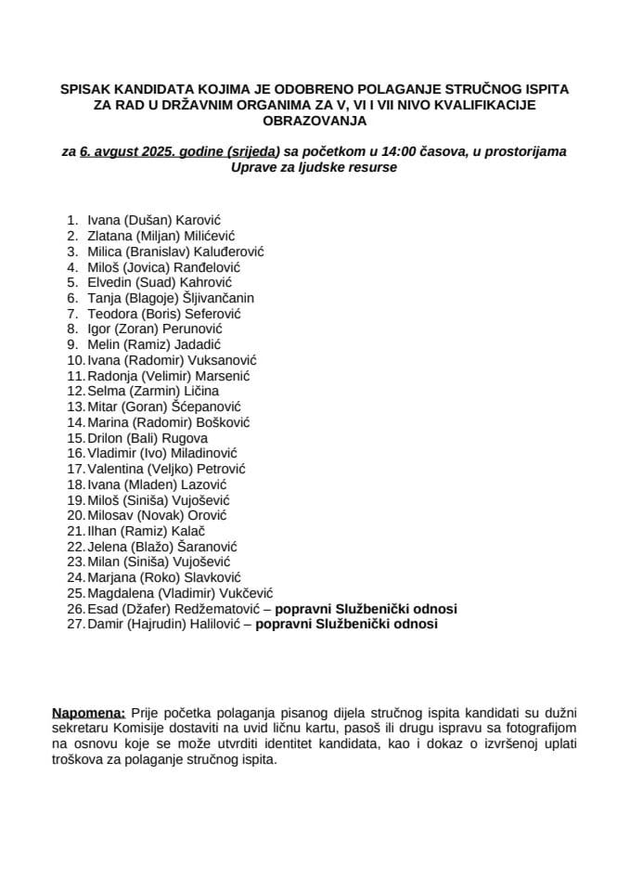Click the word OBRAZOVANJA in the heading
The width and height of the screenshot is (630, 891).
(315, 121)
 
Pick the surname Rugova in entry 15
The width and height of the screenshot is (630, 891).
(181, 437)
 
